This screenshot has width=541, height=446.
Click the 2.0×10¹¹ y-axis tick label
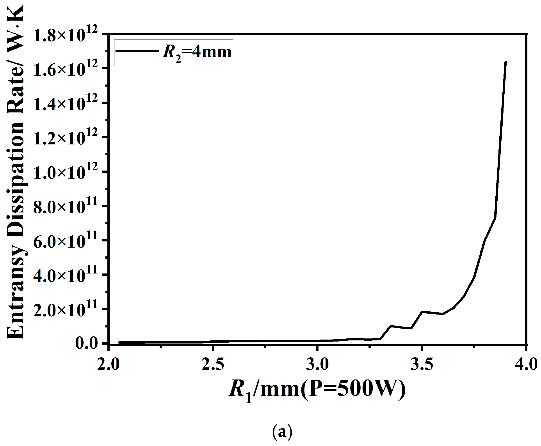coord(65,310)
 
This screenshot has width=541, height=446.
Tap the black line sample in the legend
coord(137,51)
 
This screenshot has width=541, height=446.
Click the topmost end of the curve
coord(505,62)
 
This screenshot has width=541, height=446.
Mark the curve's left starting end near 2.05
coord(119,342)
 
